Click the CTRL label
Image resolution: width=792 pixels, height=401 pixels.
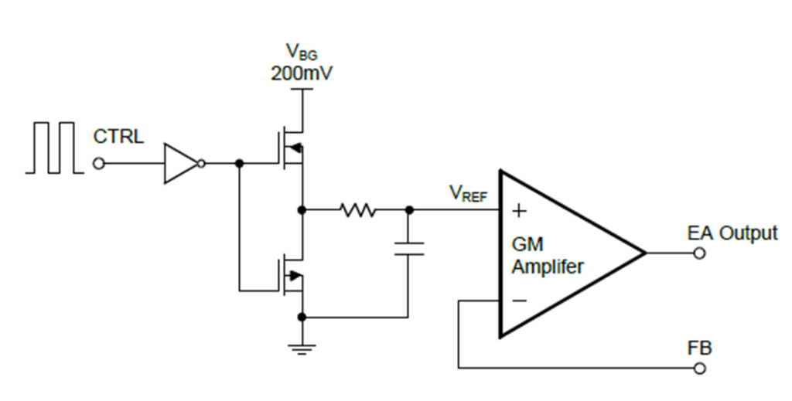click(x=118, y=138)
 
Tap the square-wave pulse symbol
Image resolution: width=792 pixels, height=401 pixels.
click(x=53, y=147)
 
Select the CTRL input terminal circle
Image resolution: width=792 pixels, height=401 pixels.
click(x=98, y=164)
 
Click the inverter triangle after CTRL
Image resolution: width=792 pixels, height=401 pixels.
click(x=179, y=164)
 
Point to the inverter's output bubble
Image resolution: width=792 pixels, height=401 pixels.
click(x=201, y=164)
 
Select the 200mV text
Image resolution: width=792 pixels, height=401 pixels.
click(x=300, y=74)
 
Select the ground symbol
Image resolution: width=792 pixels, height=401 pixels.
click(x=301, y=348)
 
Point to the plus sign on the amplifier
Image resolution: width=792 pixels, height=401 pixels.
click(x=519, y=209)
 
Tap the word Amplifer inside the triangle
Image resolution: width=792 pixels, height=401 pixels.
click(x=548, y=267)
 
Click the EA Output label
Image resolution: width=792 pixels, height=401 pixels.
click(x=732, y=233)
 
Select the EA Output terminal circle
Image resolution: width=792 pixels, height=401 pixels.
click(x=700, y=253)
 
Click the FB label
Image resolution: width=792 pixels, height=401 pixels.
click(x=699, y=348)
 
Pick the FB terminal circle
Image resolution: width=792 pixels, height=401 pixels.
click(x=700, y=368)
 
